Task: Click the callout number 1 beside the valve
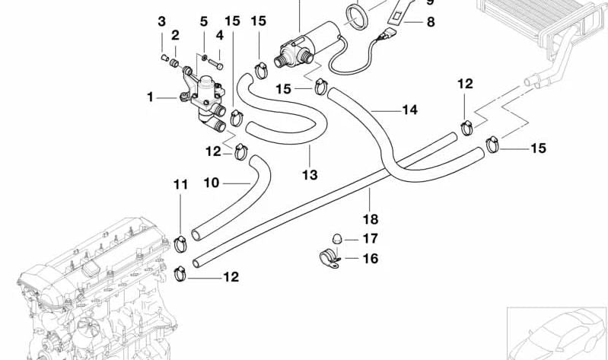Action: click(x=151, y=97)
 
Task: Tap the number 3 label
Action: click(x=161, y=21)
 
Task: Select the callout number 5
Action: click(x=203, y=21)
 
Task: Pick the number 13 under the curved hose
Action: click(x=309, y=174)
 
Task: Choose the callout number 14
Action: click(x=409, y=110)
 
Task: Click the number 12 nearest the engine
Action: click(x=231, y=277)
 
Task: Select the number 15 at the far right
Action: click(x=538, y=148)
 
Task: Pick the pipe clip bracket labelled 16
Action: click(x=329, y=258)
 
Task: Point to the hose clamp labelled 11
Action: click(x=182, y=245)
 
